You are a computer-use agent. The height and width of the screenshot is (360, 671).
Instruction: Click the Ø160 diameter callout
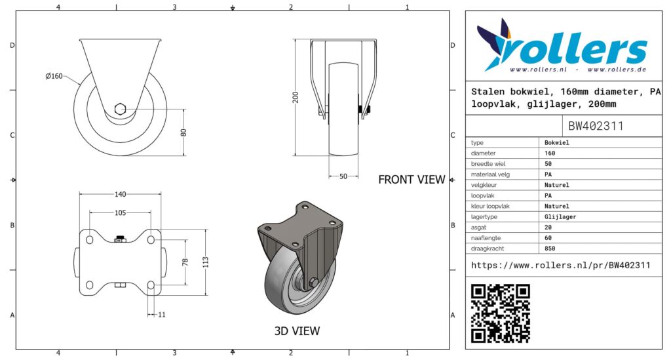point(54,76)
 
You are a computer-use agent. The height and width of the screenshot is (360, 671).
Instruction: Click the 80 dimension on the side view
point(183,132)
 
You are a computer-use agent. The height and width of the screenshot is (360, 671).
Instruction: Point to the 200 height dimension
point(296,97)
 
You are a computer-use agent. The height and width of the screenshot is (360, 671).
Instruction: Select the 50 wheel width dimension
point(343,176)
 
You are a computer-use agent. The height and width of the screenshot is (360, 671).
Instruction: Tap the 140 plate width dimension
point(121,194)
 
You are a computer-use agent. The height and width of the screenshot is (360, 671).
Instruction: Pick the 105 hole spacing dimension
point(121,212)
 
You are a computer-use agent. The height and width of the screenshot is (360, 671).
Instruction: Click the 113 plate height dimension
point(206,262)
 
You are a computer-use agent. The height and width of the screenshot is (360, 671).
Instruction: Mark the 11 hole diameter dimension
point(162,315)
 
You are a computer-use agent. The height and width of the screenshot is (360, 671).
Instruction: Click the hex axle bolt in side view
point(121,109)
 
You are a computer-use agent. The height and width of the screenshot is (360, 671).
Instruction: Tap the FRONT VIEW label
point(412,180)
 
